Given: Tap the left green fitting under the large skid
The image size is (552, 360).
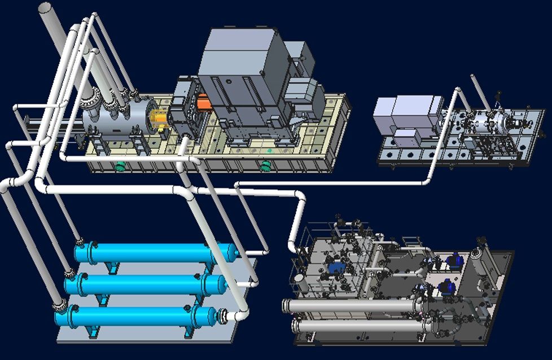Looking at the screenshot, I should (x=120, y=166).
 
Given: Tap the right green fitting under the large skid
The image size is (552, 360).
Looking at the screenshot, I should (x=264, y=165).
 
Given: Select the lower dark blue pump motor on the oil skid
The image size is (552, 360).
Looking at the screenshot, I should (x=446, y=288).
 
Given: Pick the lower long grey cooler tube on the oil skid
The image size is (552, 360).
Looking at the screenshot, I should (x=361, y=327).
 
